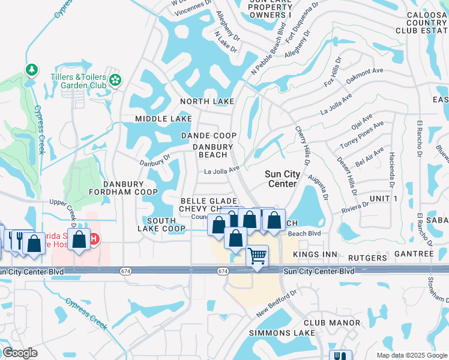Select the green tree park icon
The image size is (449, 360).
coord(31,71)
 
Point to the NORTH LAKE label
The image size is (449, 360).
coord(208,101)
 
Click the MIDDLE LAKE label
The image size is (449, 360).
coord(163,119)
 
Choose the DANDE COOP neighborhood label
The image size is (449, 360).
coord(209,136)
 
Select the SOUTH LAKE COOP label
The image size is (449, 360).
coord(161,224)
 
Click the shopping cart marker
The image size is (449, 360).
coord(257,256)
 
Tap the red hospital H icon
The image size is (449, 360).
coord(93,239)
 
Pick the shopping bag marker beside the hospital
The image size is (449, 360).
coord(79,239)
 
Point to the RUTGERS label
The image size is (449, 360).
coord(367,258)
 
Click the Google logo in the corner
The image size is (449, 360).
coord(20,353)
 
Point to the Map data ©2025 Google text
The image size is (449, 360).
coord(411,355)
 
